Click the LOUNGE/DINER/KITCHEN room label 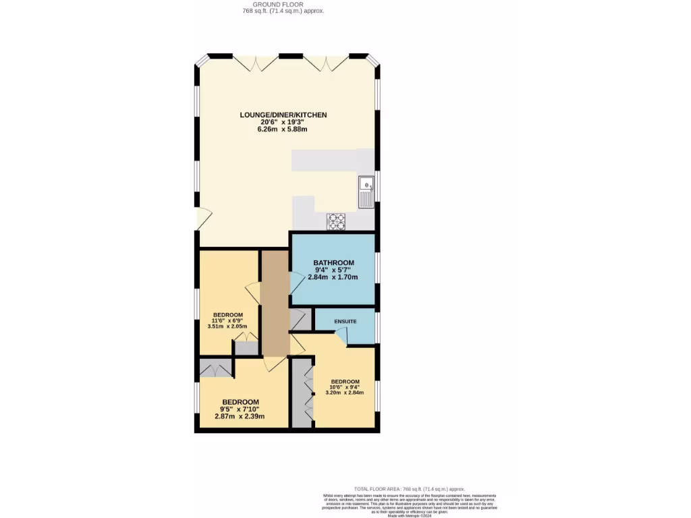(283, 115)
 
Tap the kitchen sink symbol (366, 192)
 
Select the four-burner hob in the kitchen (336, 222)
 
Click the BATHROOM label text (333, 262)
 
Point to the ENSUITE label (345, 321)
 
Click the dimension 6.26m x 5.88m (283, 129)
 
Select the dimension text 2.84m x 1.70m (333, 277)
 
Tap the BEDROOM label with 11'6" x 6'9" (228, 315)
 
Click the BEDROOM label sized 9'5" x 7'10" (240, 402)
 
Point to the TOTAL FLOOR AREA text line (410, 489)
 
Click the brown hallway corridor (275, 304)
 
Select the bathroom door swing (297, 283)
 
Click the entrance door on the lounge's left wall (204, 219)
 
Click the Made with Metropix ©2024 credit (410, 515)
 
